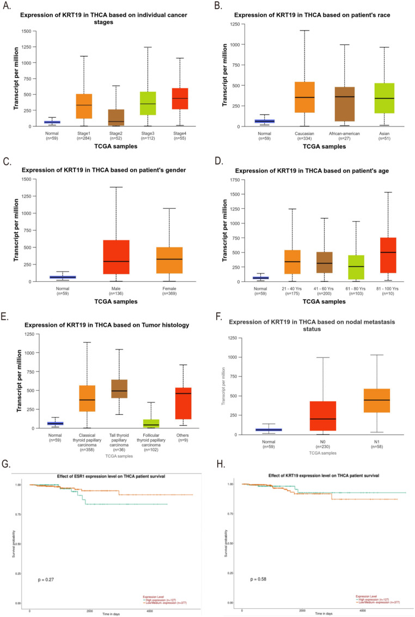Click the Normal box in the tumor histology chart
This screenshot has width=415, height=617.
click(56, 424)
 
